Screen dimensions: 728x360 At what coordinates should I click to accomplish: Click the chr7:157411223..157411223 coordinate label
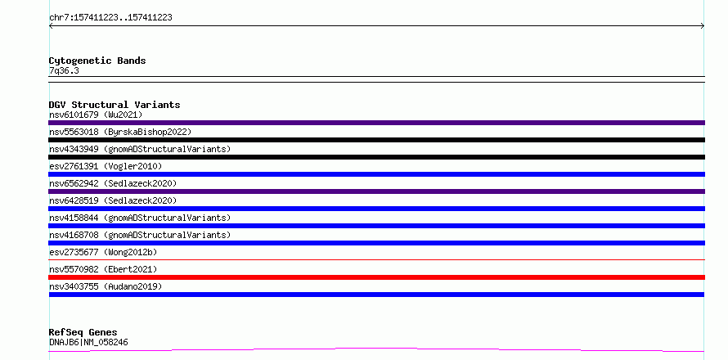pyautogui.click(x=110, y=18)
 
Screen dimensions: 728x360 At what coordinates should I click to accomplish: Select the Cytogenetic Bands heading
pyautogui.click(x=97, y=61)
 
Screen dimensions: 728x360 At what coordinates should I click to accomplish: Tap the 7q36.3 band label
pyautogui.click(x=64, y=71)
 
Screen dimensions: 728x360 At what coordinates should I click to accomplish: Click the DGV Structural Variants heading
pyautogui.click(x=115, y=105)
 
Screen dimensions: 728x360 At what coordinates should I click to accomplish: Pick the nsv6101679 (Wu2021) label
pyautogui.click(x=96, y=115)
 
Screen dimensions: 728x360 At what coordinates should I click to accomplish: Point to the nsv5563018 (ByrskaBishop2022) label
pyautogui.click(x=120, y=132)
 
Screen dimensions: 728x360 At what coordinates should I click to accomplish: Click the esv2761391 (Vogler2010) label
pyautogui.click(x=106, y=166)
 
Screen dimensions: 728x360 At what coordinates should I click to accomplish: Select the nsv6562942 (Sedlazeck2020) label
pyautogui.click(x=113, y=183)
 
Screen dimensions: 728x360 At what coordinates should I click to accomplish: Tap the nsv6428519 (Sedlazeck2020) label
pyautogui.click(x=113, y=200)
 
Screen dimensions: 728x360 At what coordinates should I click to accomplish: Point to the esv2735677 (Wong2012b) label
pyautogui.click(x=103, y=252)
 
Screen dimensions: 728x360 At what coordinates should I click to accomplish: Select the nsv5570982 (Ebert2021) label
pyautogui.click(x=103, y=269)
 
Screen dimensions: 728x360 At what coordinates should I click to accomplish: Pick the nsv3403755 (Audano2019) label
pyautogui.click(x=106, y=286)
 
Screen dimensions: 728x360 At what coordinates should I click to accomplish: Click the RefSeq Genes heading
pyautogui.click(x=83, y=333)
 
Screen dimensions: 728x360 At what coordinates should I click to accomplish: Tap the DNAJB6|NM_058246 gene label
pyautogui.click(x=88, y=343)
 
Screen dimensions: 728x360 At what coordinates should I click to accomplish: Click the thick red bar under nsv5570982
pyautogui.click(x=376, y=277)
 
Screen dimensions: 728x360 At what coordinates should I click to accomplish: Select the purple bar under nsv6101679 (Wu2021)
pyautogui.click(x=376, y=123)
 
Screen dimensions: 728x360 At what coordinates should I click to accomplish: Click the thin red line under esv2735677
pyautogui.click(x=376, y=259)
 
